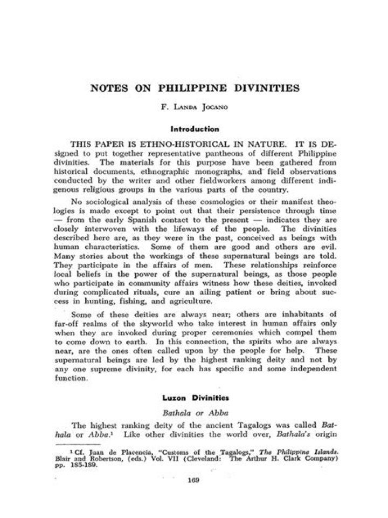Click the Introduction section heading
coord(195,129)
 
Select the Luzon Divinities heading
coord(194,398)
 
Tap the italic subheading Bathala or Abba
coord(194,412)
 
